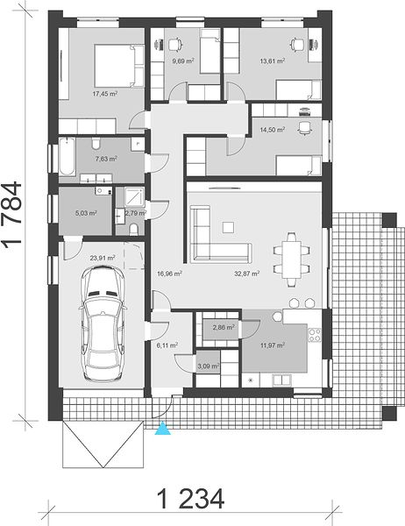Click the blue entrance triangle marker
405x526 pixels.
(163, 429)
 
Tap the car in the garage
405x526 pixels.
(103, 323)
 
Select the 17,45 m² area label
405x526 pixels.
(105, 94)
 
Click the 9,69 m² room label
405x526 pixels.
(183, 61)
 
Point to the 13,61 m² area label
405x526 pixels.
(273, 61)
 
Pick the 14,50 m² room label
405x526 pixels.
(273, 130)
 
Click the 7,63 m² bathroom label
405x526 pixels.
(106, 159)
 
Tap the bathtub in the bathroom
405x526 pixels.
(67, 157)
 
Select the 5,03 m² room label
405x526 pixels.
(87, 213)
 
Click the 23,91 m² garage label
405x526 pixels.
(103, 258)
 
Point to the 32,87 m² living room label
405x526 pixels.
(247, 274)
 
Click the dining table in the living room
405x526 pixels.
(292, 259)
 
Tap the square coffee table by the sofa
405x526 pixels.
(229, 227)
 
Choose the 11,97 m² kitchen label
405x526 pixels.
(273, 345)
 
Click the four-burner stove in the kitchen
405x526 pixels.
(315, 335)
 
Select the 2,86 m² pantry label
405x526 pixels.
(224, 327)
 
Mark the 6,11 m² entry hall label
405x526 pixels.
(167, 345)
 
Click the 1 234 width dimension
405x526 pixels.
(190, 499)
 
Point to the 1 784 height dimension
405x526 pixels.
(13, 215)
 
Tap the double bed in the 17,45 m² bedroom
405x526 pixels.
(119, 66)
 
